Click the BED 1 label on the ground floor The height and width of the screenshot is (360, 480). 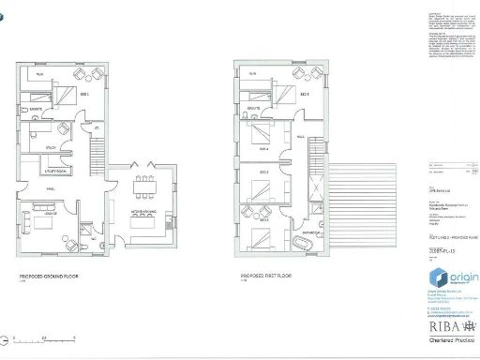[83, 96]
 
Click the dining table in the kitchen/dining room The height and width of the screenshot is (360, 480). [144, 190]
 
